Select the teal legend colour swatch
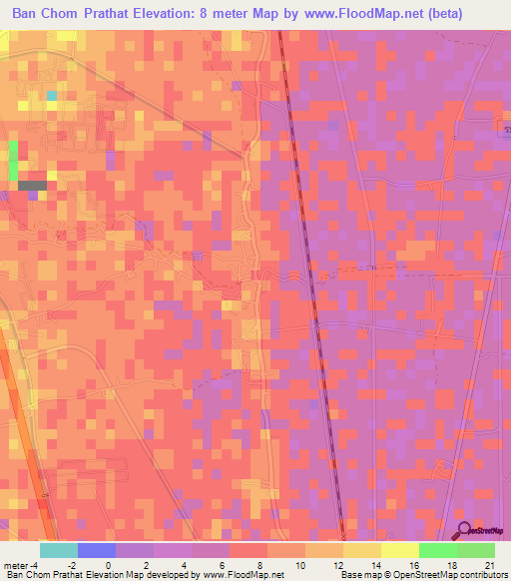click(x=59, y=550)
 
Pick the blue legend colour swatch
click(x=97, y=550)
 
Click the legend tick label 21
click(x=487, y=564)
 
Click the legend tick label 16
click(x=414, y=564)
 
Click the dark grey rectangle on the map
click(x=32, y=185)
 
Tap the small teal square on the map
click(x=51, y=96)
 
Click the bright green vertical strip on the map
click(x=13, y=161)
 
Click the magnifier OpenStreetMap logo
click(x=466, y=531)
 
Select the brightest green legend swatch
click(x=438, y=550)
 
